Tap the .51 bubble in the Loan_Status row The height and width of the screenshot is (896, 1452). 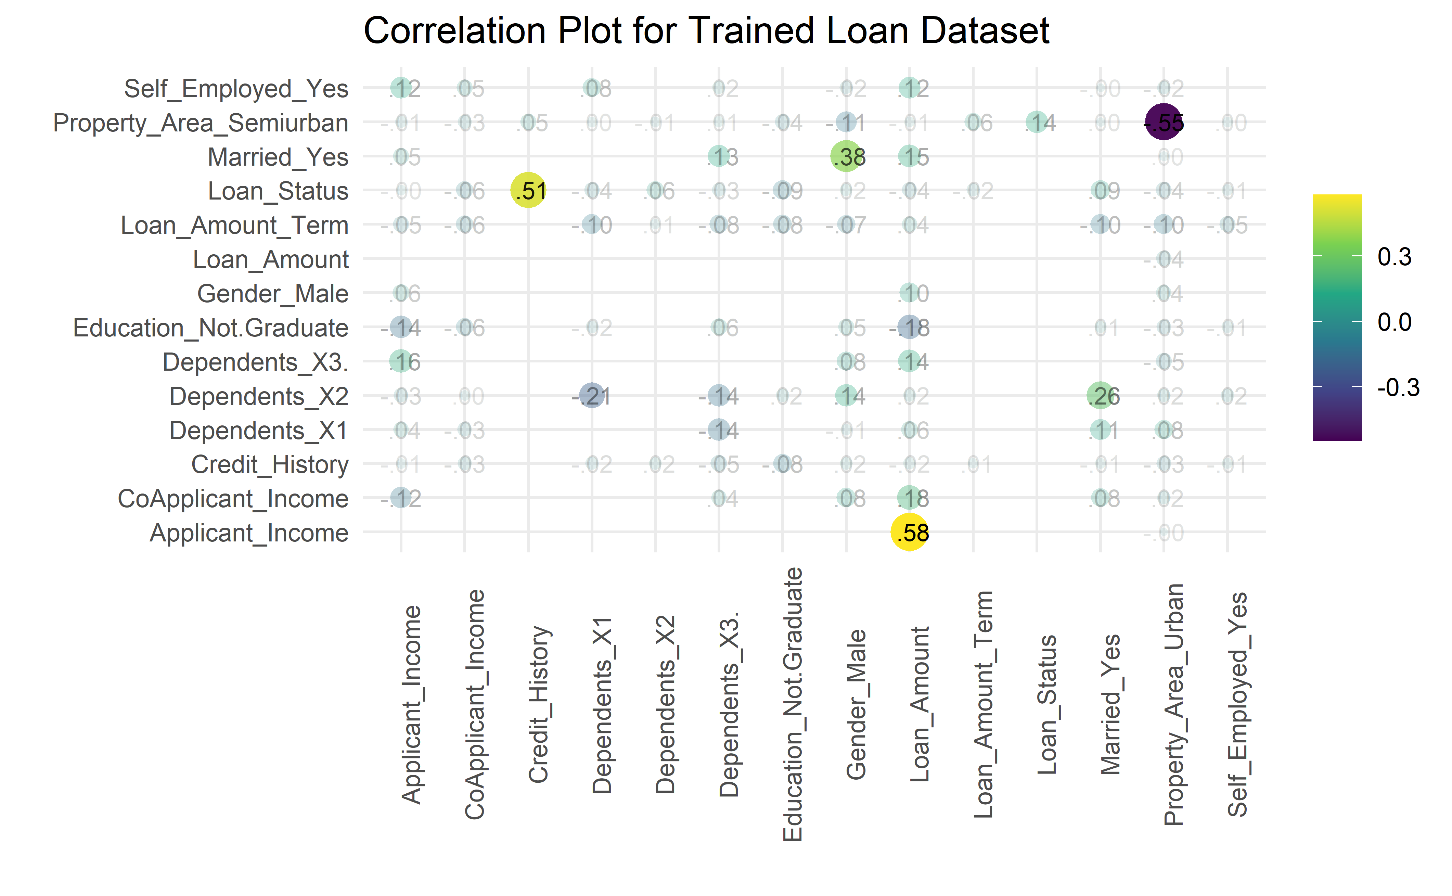pyautogui.click(x=528, y=191)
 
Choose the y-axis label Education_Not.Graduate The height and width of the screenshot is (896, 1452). pyautogui.click(x=210, y=328)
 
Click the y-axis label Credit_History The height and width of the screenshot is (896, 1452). pyautogui.click(x=270, y=464)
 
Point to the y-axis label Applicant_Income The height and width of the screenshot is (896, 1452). pyautogui.click(x=249, y=533)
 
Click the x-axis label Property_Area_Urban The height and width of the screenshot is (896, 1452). pyautogui.click(x=1173, y=704)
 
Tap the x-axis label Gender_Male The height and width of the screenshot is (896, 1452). pyautogui.click(x=856, y=704)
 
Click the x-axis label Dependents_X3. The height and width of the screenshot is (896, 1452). pyautogui.click(x=729, y=704)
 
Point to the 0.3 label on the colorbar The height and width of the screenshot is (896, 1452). pyautogui.click(x=1394, y=257)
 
